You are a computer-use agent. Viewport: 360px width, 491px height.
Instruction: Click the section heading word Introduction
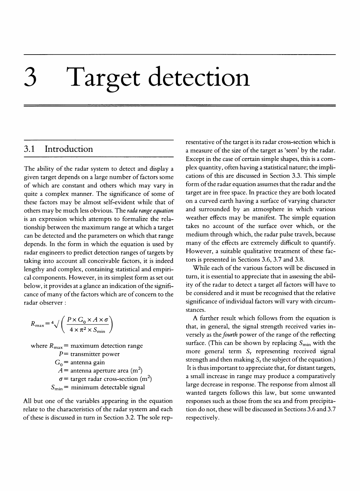[x=69, y=149]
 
